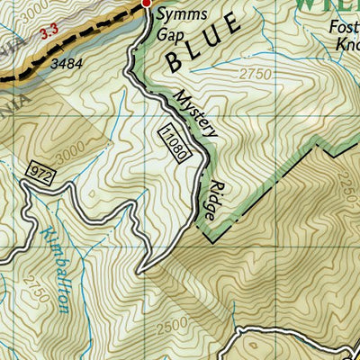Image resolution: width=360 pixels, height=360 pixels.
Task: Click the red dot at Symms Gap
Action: (x=147, y=4)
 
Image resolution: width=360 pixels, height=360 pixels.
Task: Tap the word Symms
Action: (x=177, y=14)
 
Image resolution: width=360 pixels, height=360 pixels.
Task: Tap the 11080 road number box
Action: (x=175, y=142)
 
